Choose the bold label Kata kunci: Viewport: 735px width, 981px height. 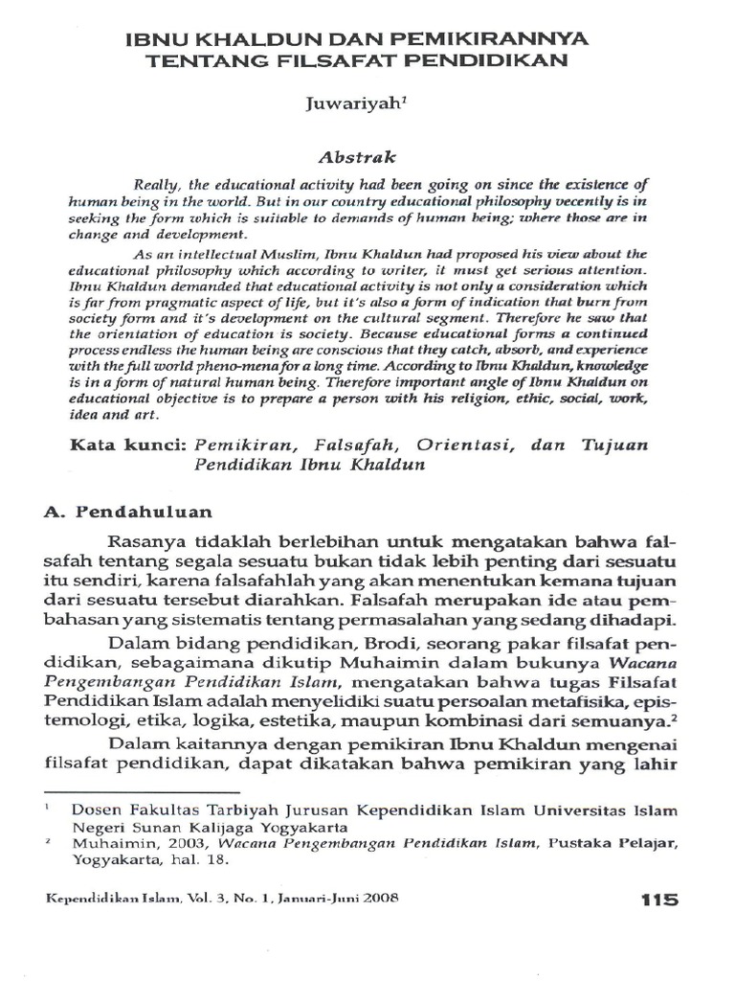point(129,445)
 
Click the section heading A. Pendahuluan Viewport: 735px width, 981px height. point(128,512)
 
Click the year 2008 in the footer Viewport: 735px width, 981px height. point(378,900)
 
